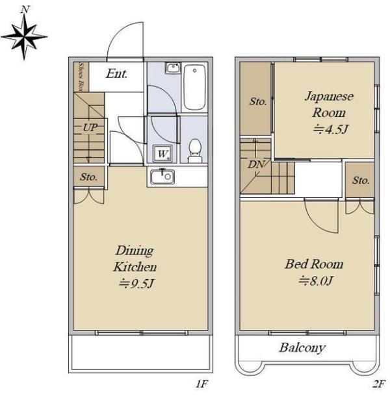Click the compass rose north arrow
(x=24, y=36)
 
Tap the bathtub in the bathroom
(x=194, y=87)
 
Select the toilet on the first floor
(x=195, y=151)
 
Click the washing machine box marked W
(x=162, y=153)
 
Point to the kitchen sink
(x=162, y=176)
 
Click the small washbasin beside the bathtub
(x=174, y=68)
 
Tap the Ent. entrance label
(x=116, y=74)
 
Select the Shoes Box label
(x=81, y=77)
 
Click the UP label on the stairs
(x=90, y=127)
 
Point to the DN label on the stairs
(x=256, y=164)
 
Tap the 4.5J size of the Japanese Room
(x=331, y=129)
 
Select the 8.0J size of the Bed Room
(x=315, y=280)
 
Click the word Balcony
(x=302, y=348)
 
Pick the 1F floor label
(x=202, y=384)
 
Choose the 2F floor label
(x=379, y=384)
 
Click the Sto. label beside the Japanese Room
(x=258, y=101)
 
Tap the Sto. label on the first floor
(x=88, y=177)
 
